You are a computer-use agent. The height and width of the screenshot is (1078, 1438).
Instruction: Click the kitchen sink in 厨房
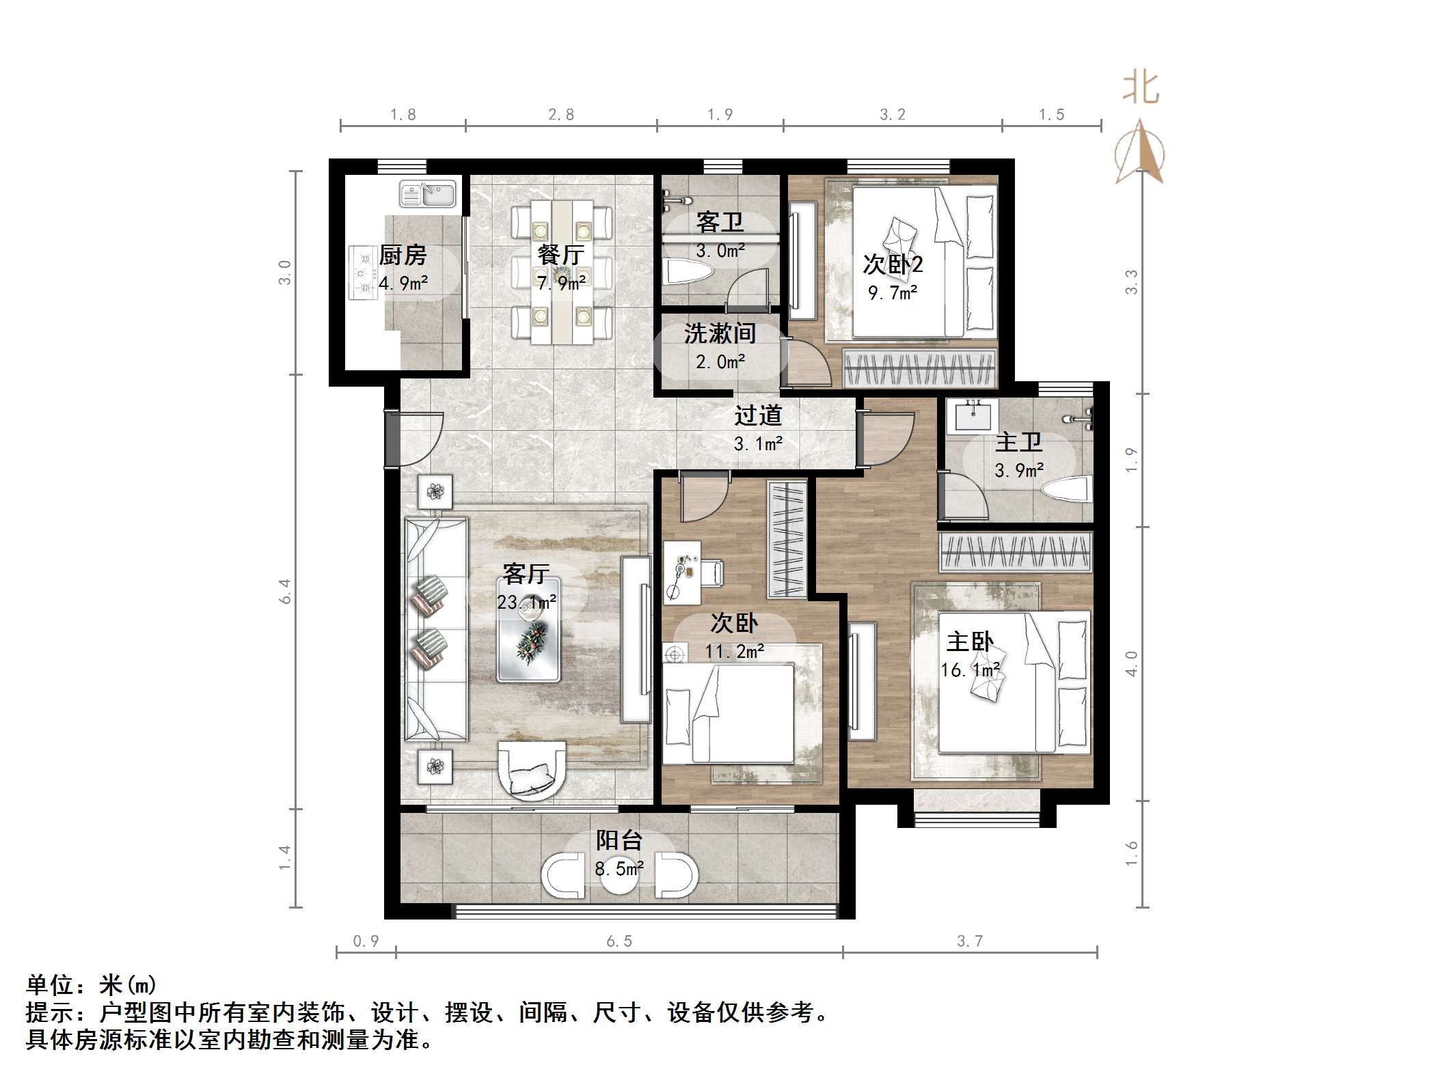pos(427,195)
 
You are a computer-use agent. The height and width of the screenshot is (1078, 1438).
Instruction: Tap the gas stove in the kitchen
pos(362,273)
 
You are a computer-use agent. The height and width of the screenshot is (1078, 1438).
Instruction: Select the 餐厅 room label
pos(560,255)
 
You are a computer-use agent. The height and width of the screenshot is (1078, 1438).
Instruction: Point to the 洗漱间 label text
pos(720,333)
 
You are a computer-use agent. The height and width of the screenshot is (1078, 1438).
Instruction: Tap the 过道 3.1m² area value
pos(758,444)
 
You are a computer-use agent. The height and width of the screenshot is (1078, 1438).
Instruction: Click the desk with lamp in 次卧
pos(682,572)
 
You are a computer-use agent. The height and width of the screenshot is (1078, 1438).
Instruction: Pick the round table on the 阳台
pos(619,876)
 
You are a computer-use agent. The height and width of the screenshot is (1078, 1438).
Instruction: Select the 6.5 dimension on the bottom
pos(619,941)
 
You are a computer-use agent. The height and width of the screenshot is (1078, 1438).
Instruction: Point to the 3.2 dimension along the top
pos(892,115)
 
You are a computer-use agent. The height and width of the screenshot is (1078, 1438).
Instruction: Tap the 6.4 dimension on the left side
pos(285,591)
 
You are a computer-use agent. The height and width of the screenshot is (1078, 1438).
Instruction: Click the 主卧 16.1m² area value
pos(970,670)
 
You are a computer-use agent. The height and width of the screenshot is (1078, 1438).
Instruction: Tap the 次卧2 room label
pos(893,264)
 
